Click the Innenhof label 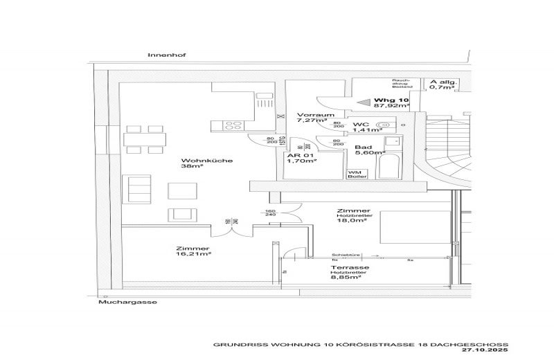(159, 54)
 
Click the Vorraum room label (312, 114)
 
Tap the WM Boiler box (354, 174)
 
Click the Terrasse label (349, 267)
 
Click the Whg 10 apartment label (391, 100)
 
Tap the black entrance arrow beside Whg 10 (363, 100)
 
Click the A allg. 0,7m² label (443, 84)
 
